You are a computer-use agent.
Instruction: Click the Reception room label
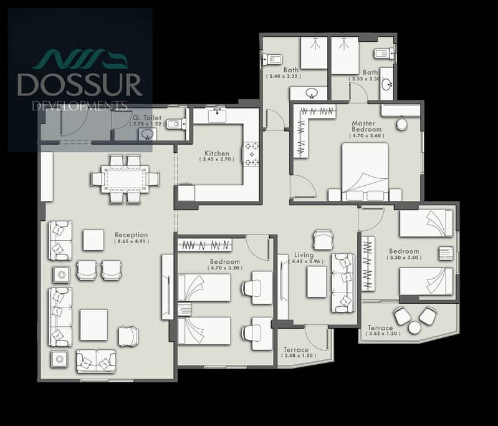point(131,235)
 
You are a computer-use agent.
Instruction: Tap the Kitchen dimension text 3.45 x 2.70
point(217,159)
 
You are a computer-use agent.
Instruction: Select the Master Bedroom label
point(366,126)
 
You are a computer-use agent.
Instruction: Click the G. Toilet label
point(147,118)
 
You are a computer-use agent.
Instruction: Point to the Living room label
point(304,255)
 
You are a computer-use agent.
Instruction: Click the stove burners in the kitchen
point(252,154)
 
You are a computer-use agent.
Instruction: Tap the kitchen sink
point(218,116)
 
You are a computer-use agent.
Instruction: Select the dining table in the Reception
point(125,179)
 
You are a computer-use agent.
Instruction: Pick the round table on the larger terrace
point(414,327)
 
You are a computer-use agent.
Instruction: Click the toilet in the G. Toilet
point(176,124)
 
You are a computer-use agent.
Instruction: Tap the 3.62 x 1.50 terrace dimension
point(383,334)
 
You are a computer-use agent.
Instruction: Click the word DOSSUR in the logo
point(80,85)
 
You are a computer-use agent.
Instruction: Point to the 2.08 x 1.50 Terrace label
point(296,350)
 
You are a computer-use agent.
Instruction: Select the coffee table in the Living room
point(317,282)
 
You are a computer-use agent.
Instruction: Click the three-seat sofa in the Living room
point(343,283)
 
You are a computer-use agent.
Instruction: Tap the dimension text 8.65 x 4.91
point(132,241)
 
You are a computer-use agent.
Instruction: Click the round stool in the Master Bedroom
point(402,124)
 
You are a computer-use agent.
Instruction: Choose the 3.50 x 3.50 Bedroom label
point(404,251)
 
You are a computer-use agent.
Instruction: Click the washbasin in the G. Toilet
point(147,134)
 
